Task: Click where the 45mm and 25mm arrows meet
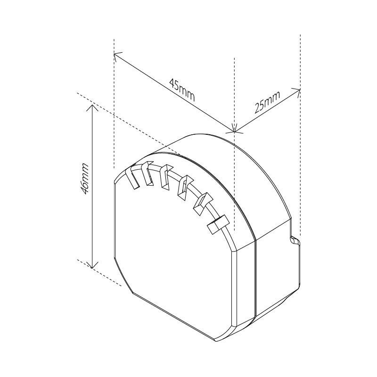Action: point(235,131)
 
